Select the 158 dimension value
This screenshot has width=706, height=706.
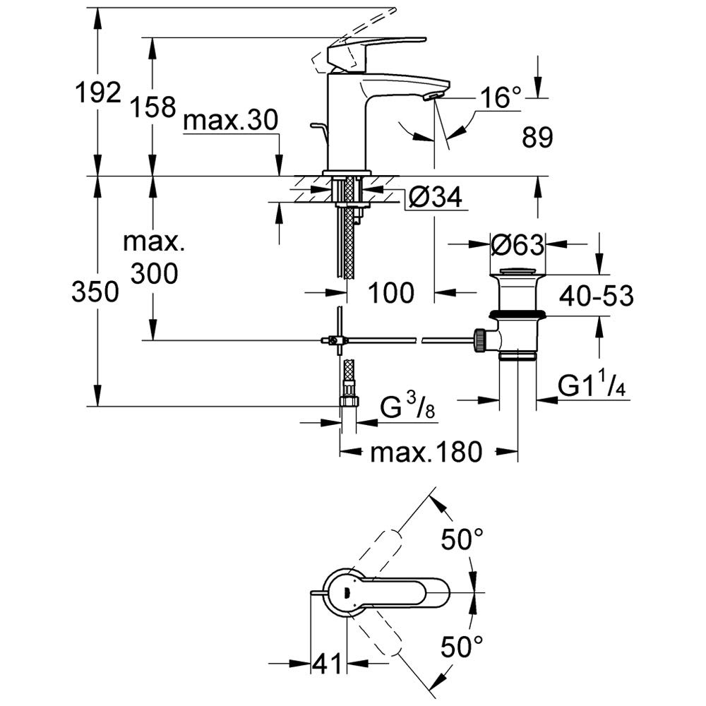point(152,107)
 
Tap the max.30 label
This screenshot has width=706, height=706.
point(230,122)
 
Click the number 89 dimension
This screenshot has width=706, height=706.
point(538,138)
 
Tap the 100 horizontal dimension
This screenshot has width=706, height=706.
point(392,292)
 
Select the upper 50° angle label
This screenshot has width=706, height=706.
point(462,540)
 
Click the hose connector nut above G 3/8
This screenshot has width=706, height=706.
point(349,402)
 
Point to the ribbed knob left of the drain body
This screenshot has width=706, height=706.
point(480,340)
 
